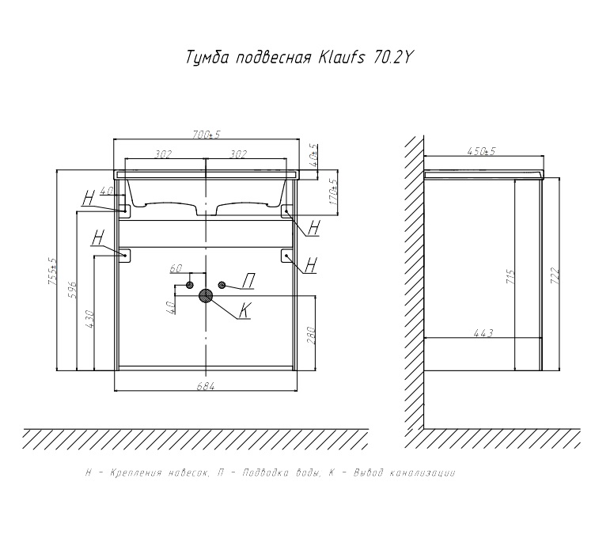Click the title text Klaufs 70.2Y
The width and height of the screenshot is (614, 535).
pyautogui.click(x=364, y=58)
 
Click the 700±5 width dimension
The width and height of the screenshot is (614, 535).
pyautogui.click(x=207, y=135)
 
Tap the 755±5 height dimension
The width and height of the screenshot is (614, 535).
pyautogui.click(x=52, y=271)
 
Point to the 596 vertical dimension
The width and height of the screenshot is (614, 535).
pyautogui.click(x=73, y=290)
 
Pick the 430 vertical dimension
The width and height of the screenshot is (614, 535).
pyautogui.click(x=89, y=319)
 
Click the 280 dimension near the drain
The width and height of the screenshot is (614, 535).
pyautogui.click(x=310, y=335)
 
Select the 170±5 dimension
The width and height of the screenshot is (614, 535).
pyautogui.click(x=333, y=192)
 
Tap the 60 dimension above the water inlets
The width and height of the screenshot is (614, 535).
pyautogui.click(x=176, y=268)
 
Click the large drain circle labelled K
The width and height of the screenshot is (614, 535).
pyautogui.click(x=206, y=297)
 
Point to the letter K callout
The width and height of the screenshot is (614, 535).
pyautogui.click(x=244, y=311)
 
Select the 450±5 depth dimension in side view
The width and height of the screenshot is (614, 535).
pyautogui.click(x=482, y=151)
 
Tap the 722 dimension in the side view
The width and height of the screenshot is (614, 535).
pyautogui.click(x=555, y=276)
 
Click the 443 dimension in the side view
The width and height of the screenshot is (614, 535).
pyautogui.click(x=483, y=334)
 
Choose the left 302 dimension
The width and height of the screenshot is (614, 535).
pyautogui.click(x=163, y=154)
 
